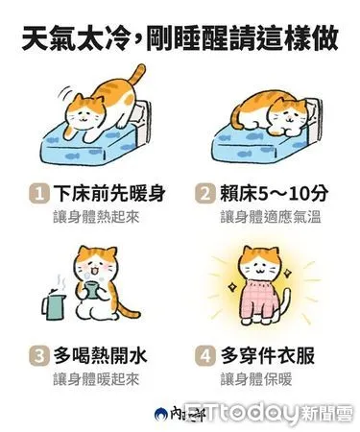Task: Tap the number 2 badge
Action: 203,195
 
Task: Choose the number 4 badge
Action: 203,355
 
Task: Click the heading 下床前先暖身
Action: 107,195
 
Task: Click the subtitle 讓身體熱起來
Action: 96,218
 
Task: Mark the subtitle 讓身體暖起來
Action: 96,377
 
